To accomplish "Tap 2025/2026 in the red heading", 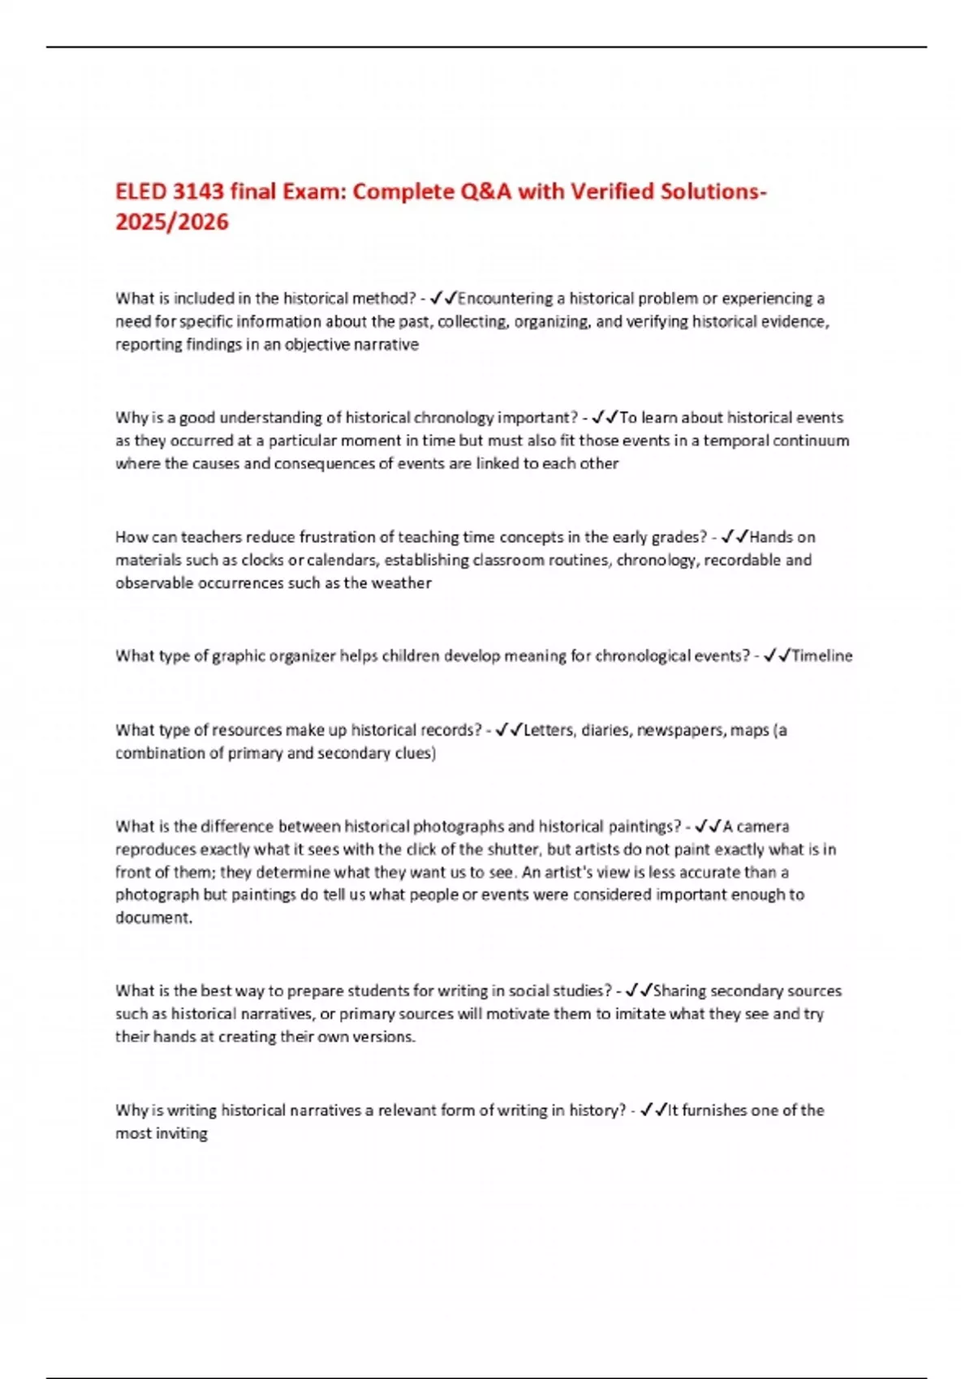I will click(172, 221).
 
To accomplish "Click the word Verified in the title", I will click(612, 191).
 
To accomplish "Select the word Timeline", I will click(822, 655).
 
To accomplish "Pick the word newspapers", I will click(680, 730).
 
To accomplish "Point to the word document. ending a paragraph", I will click(153, 917).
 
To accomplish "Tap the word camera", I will click(761, 827).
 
